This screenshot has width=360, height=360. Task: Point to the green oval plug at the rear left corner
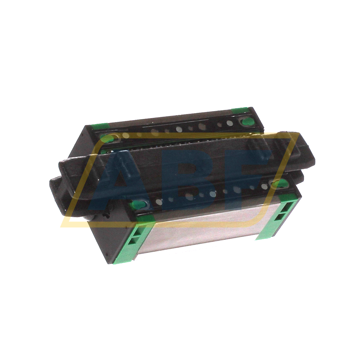coord(107,139)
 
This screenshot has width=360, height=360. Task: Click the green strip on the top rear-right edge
coord(240,110)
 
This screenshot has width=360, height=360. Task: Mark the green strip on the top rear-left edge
coord(99,126)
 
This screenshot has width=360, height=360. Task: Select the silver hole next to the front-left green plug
coord(158,202)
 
